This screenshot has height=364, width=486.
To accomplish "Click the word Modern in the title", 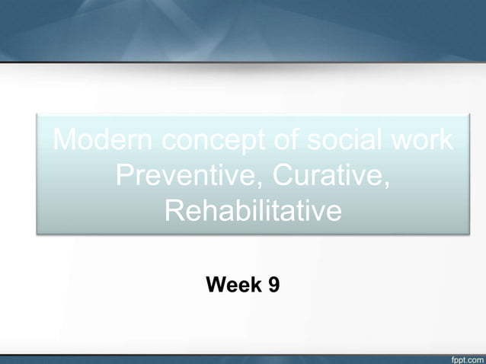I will coord(98,141).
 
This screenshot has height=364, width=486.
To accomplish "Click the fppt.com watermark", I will coord(463,356).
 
